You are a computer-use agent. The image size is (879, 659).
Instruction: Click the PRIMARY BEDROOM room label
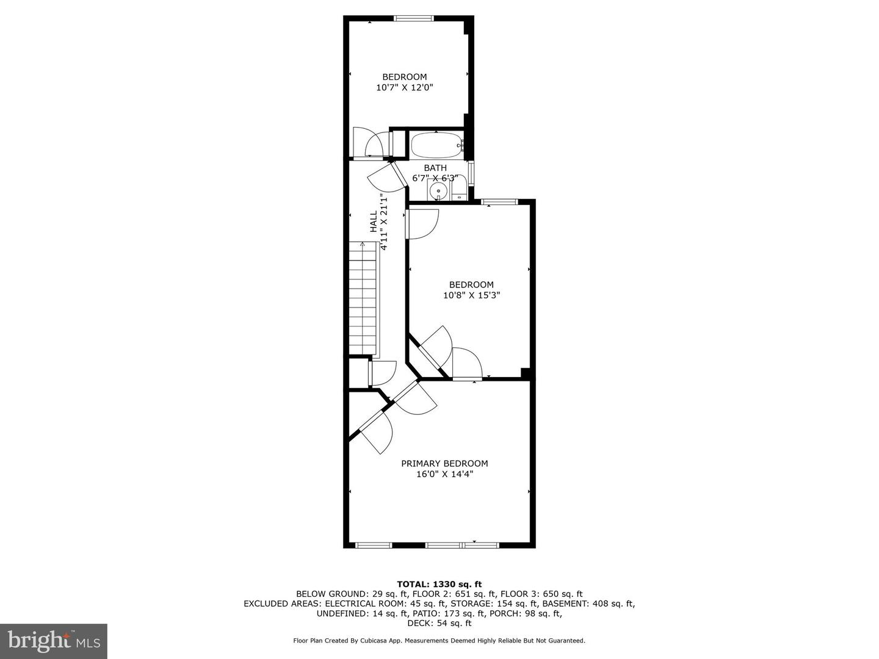tap(444, 463)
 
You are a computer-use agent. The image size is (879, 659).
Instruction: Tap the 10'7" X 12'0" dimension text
tap(405, 87)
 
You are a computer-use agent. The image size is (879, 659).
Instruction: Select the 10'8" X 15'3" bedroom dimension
tap(472, 295)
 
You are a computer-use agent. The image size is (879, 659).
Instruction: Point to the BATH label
tap(435, 168)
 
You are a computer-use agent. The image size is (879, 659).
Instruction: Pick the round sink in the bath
tap(438, 192)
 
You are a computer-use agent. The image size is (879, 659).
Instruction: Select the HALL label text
tap(374, 221)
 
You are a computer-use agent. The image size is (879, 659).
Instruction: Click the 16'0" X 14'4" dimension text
tap(444, 474)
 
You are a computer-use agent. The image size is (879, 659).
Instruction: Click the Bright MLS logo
tap(53, 641)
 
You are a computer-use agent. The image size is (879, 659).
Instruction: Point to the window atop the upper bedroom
tap(413, 18)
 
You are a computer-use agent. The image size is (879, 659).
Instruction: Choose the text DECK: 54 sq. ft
tap(440, 623)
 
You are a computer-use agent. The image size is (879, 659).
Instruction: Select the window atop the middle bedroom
tap(499, 201)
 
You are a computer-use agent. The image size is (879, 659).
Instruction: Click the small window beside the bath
tap(471, 172)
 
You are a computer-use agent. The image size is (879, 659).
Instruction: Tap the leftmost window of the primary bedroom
tap(374, 544)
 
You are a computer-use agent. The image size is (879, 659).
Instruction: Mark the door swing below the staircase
tap(383, 373)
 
